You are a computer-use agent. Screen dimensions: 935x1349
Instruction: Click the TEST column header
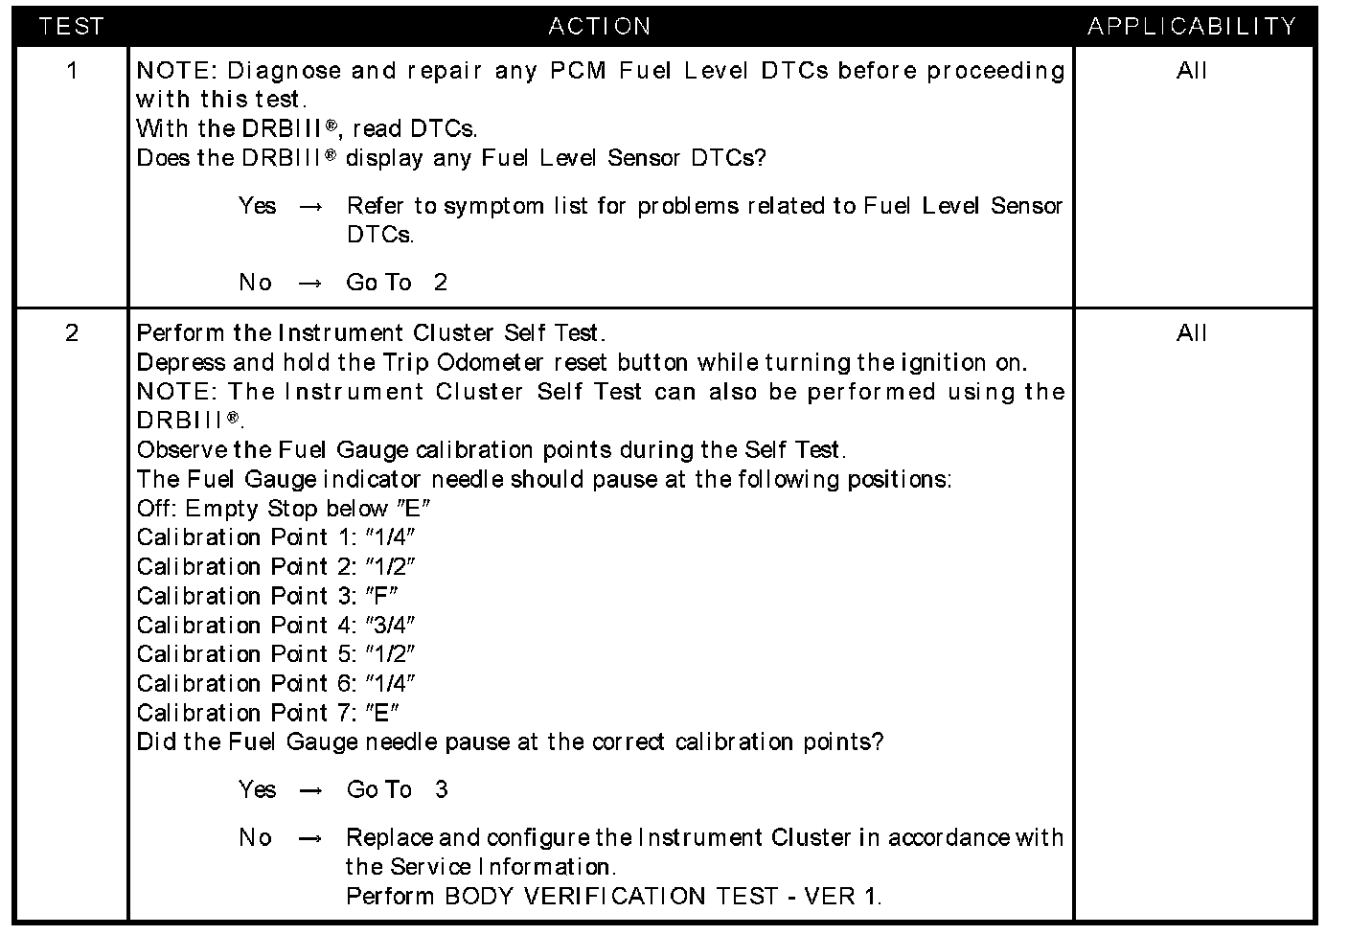(72, 26)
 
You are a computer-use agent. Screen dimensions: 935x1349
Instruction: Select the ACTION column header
(600, 26)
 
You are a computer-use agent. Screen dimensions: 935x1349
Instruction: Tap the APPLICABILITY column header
(1192, 26)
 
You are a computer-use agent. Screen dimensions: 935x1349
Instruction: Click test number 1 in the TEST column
(72, 71)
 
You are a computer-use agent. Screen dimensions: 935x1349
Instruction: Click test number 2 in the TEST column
(72, 333)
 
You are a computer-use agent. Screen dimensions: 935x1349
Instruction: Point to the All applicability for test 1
(1192, 71)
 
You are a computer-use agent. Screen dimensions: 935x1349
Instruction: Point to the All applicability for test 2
(1192, 333)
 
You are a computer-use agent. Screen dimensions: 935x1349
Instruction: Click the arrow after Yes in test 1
(310, 207)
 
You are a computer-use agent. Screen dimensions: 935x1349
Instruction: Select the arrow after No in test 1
(310, 284)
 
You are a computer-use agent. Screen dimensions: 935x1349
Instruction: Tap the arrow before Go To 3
(310, 790)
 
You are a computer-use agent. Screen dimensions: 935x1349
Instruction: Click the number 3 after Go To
(441, 790)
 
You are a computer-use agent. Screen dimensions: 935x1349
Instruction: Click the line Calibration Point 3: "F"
(268, 596)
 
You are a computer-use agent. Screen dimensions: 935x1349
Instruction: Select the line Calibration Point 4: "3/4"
(276, 626)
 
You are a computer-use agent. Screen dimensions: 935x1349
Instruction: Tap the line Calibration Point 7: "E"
(268, 713)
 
